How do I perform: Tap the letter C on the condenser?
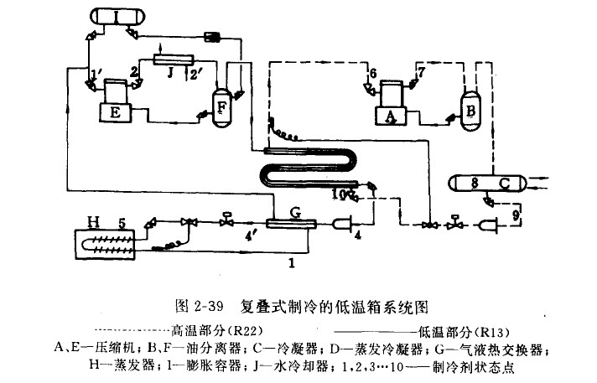(x=503, y=182)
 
